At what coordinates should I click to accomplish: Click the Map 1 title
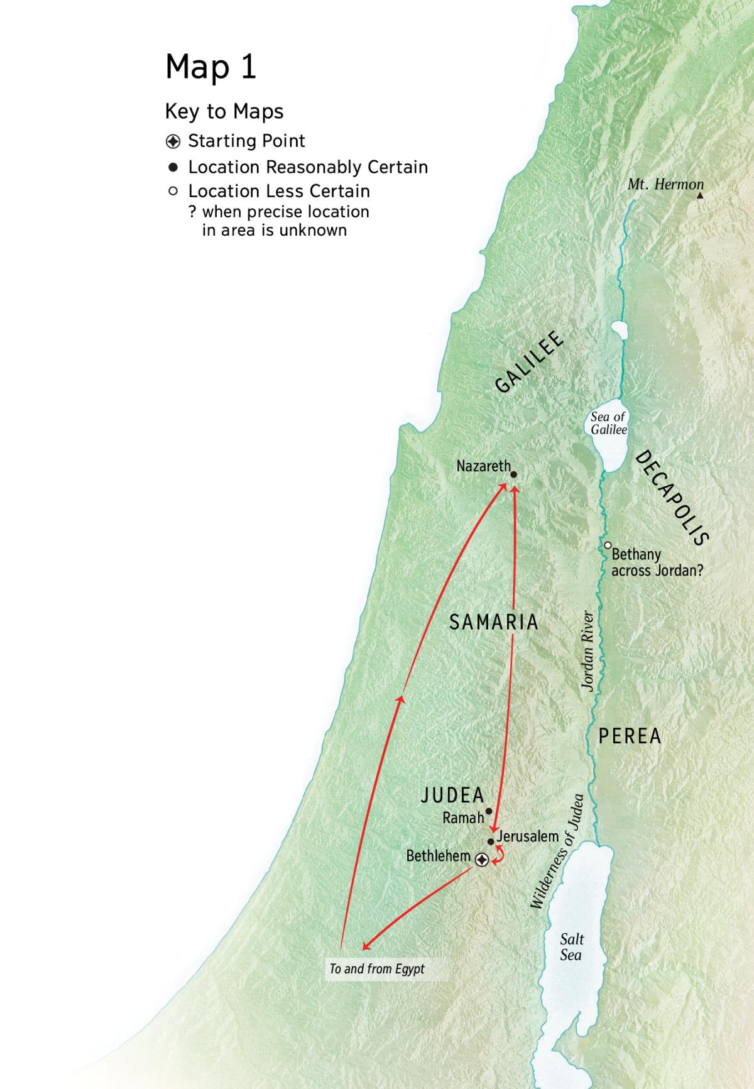pyautogui.click(x=210, y=67)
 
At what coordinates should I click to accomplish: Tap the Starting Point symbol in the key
pyautogui.click(x=173, y=141)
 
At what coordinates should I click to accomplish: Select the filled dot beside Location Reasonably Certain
pyautogui.click(x=173, y=168)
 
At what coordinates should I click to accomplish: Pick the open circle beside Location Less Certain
pyautogui.click(x=173, y=191)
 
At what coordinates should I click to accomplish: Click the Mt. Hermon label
pyautogui.click(x=665, y=184)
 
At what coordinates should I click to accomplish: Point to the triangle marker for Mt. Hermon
pyautogui.click(x=700, y=196)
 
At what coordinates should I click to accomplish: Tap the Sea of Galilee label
pyautogui.click(x=608, y=423)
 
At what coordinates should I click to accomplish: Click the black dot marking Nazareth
pyautogui.click(x=513, y=475)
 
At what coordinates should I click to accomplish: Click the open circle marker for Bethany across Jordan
pyautogui.click(x=608, y=545)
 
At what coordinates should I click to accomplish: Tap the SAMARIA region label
pyautogui.click(x=494, y=622)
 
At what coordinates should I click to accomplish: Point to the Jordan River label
pyautogui.click(x=588, y=651)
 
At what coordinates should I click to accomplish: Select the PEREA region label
pyautogui.click(x=630, y=736)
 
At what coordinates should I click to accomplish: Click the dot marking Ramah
pyautogui.click(x=489, y=811)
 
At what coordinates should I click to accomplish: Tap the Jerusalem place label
pyautogui.click(x=528, y=836)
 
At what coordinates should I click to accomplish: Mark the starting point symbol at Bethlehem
pyautogui.click(x=481, y=860)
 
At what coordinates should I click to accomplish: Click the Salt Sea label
pyautogui.click(x=571, y=947)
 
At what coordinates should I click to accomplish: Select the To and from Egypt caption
pyautogui.click(x=377, y=968)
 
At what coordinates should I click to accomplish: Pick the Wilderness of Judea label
pyautogui.click(x=557, y=851)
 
